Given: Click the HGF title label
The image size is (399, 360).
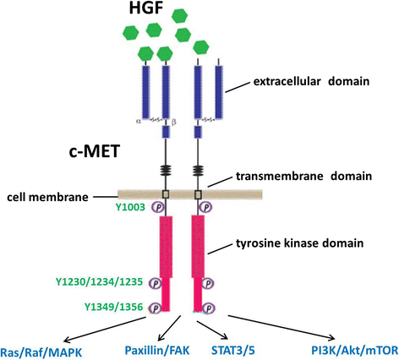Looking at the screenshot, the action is click(146, 8).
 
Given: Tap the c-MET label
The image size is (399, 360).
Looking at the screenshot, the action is click(95, 151).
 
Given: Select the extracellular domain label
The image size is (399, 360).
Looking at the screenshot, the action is click(311, 81).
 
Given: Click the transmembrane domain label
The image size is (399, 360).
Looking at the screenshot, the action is click(303, 176).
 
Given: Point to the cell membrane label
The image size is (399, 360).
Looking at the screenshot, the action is click(47, 197).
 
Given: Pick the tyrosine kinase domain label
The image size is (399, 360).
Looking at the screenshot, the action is click(299, 243).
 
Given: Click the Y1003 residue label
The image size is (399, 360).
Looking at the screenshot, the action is click(130, 207).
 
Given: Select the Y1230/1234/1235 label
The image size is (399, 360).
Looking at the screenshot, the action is click(99, 282).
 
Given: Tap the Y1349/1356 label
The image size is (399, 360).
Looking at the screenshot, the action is click(113, 307).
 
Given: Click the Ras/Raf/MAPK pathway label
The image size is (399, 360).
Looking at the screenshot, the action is click(41, 352).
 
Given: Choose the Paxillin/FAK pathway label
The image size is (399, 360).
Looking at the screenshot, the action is click(157, 351).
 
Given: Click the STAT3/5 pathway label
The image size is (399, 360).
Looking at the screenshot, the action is click(233, 351).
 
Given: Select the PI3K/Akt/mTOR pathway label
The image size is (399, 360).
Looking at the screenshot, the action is click(355, 351).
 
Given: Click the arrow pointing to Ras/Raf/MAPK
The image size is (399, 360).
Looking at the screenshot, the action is click(106, 329).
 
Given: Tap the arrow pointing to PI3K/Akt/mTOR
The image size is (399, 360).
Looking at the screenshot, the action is click(281, 328).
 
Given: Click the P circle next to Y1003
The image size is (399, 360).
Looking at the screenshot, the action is click(159, 207).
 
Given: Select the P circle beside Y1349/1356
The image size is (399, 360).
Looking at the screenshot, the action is click(156, 308).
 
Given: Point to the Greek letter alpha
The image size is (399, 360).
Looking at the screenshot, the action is click(138, 122).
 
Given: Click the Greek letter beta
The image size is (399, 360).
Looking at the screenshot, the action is click(174, 123).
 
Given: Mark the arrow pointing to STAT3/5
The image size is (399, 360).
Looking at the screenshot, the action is click(212, 330).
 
